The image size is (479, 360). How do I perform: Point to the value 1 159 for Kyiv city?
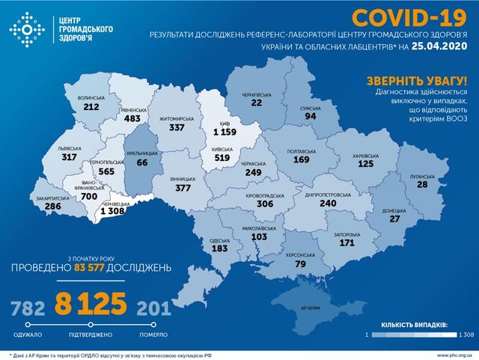pyautogui.click(x=225, y=132)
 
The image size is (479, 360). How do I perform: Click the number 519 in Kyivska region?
pyautogui.click(x=223, y=158)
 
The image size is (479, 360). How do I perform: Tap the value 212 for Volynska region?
pyautogui.click(x=92, y=107)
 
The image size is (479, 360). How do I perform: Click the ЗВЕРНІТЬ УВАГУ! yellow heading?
pyautogui.click(x=418, y=81)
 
